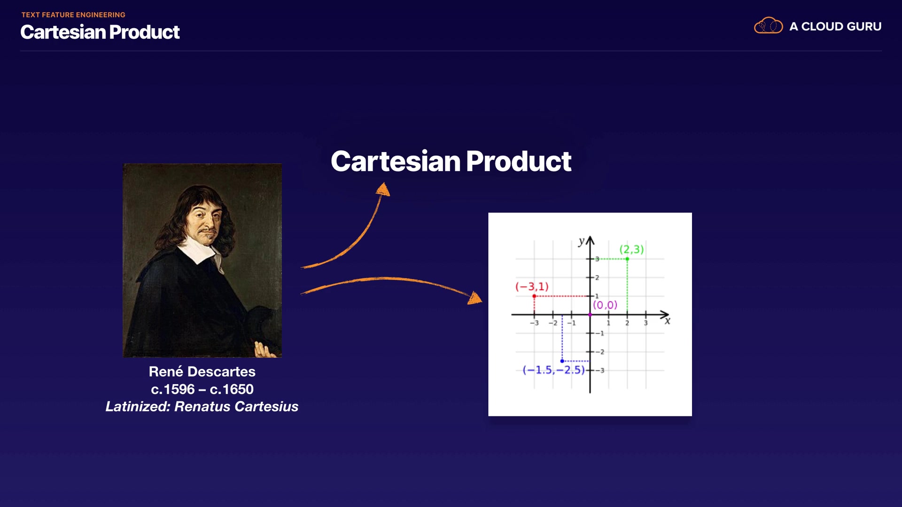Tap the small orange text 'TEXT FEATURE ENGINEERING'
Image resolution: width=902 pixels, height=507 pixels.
pos(73,15)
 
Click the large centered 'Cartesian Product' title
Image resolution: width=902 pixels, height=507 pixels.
pos(451,161)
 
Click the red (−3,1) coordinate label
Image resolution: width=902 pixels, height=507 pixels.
pos(532,286)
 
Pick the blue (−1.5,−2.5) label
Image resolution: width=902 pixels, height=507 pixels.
pos(553,370)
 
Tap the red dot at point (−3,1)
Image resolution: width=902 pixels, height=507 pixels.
pos(534,296)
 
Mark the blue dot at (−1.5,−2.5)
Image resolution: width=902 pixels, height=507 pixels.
pos(562,361)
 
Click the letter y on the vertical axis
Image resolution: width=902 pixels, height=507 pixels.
pos(582,241)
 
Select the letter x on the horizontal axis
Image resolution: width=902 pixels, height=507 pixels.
pos(668,321)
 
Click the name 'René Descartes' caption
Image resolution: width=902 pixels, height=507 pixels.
pos(202,371)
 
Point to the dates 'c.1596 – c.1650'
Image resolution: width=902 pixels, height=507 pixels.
pos(202,389)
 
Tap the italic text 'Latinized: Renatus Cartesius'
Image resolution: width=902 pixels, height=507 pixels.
pos(202,407)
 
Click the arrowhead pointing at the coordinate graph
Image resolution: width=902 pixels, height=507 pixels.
pos(475,298)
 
